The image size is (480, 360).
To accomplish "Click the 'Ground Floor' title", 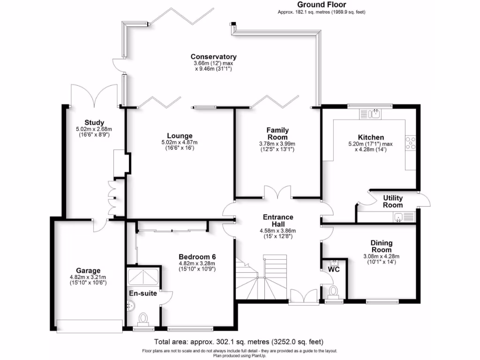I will click(322, 5).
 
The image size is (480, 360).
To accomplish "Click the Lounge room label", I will click(180, 135).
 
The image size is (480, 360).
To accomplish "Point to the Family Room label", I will click(277, 134).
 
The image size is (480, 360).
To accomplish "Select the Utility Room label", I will click(392, 202).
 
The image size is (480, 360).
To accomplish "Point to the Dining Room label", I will click(381, 246).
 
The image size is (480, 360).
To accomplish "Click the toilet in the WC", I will click(334, 291).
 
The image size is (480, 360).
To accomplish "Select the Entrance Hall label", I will click(278, 220).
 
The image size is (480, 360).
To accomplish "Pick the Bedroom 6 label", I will click(197, 256).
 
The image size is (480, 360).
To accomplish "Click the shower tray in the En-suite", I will click(143, 277).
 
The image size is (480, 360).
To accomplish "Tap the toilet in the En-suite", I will click(142, 320).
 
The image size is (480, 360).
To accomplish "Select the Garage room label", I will click(88, 270).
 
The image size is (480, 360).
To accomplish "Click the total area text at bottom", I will click(239, 342).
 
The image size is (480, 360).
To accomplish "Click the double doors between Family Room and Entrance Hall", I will click(277, 193).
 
